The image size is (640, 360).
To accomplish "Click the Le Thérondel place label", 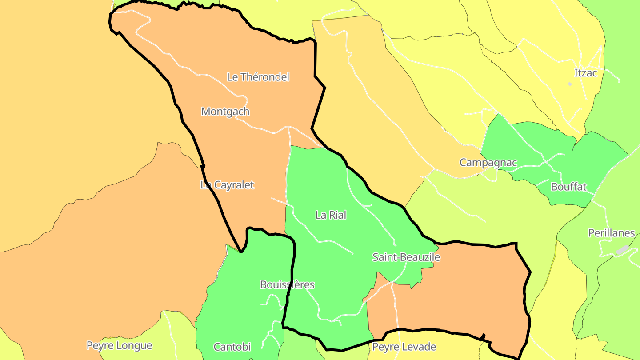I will click(258, 77).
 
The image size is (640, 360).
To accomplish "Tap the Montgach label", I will click(225, 112).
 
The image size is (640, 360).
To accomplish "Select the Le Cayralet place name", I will click(227, 185).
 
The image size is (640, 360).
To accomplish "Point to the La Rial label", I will click(331, 215).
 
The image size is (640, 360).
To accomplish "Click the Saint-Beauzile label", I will click(406, 257).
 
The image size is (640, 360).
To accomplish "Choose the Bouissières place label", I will click(287, 285).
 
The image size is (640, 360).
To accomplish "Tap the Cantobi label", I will click(232, 347).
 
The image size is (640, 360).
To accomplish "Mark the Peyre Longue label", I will click(119, 345).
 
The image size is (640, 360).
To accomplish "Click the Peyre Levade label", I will click(404, 347).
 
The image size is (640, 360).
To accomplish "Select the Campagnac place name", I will click(488, 163).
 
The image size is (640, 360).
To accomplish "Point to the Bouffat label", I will click(569, 187).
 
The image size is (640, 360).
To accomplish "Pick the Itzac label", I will click(586, 73).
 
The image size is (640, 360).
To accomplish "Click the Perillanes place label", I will click(612, 233).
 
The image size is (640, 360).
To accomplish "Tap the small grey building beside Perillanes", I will click(622, 250).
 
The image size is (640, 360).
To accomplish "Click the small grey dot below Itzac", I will click(570, 84).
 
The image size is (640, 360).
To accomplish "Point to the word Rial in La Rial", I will click(337, 215).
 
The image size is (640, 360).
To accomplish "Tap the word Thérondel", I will click(265, 77).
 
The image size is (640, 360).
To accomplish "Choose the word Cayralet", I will click(234, 185).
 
